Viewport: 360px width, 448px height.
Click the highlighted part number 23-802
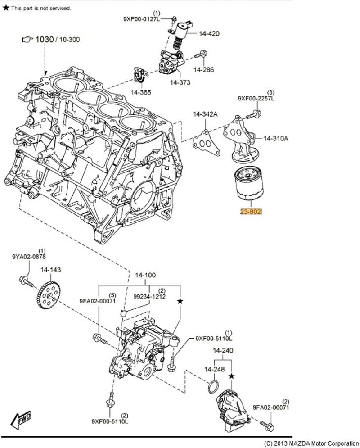[x=251, y=211]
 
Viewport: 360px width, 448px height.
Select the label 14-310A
[x=275, y=138]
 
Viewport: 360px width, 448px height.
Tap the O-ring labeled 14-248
[x=214, y=386]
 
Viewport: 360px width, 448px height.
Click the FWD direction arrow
[x=21, y=419]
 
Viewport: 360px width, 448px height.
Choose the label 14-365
[x=141, y=92]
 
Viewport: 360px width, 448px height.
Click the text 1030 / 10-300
[x=57, y=40]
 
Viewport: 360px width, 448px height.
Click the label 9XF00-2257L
[x=256, y=98]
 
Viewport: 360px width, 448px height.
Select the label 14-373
[x=180, y=82]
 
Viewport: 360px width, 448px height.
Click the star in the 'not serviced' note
[x=5, y=8]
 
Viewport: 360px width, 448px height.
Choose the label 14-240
[x=223, y=350]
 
